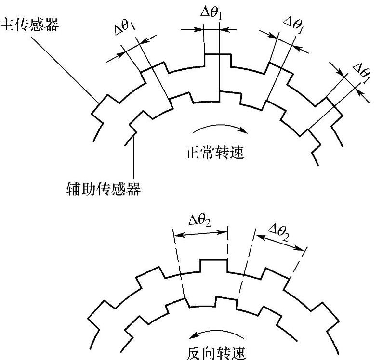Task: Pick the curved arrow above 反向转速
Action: (x=208, y=334)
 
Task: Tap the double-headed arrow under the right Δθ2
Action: (x=280, y=241)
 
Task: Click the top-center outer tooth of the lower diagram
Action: (x=213, y=265)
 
